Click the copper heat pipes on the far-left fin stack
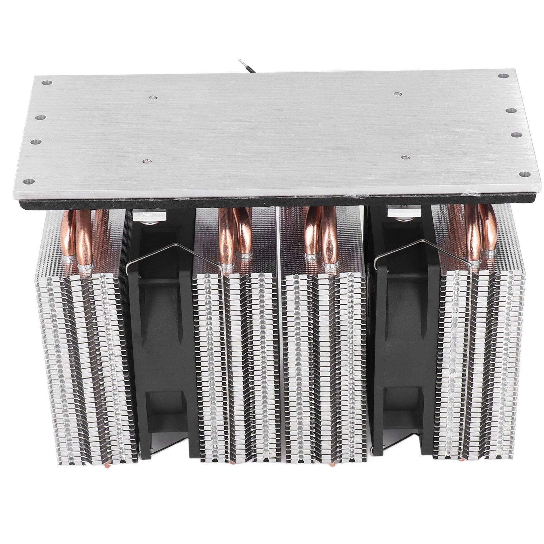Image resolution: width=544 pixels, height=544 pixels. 83,238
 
